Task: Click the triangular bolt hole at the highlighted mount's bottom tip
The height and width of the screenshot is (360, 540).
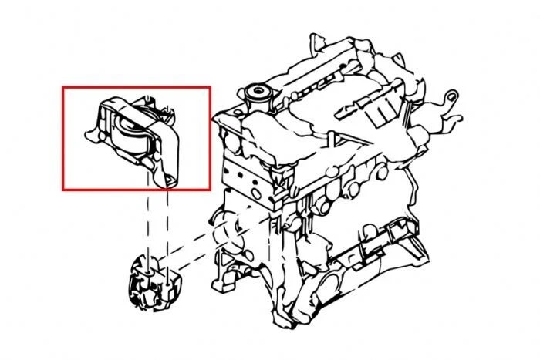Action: click(167, 180)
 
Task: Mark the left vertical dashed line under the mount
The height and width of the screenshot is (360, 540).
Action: click(146, 224)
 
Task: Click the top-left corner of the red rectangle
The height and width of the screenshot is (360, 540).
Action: click(63, 87)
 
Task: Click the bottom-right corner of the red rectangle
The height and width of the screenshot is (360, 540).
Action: click(210, 189)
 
